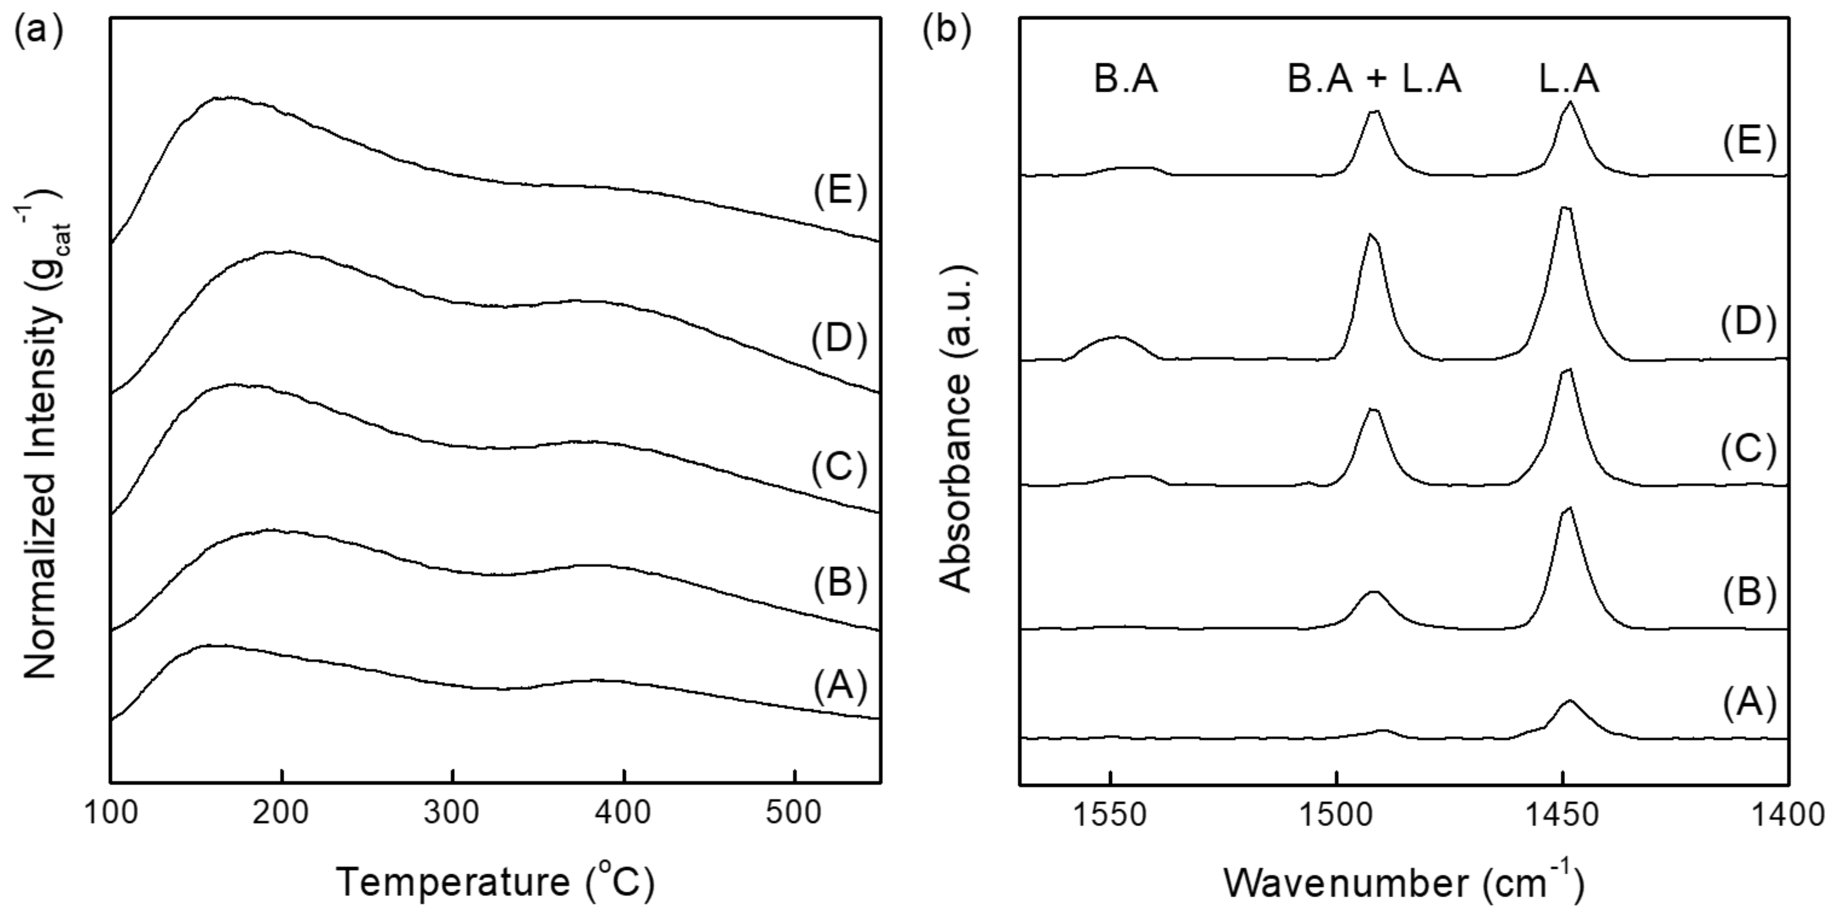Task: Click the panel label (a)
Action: pos(38,32)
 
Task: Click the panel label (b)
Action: pos(947,32)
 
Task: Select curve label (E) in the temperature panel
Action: pos(840,192)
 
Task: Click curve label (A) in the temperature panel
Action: pos(840,686)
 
